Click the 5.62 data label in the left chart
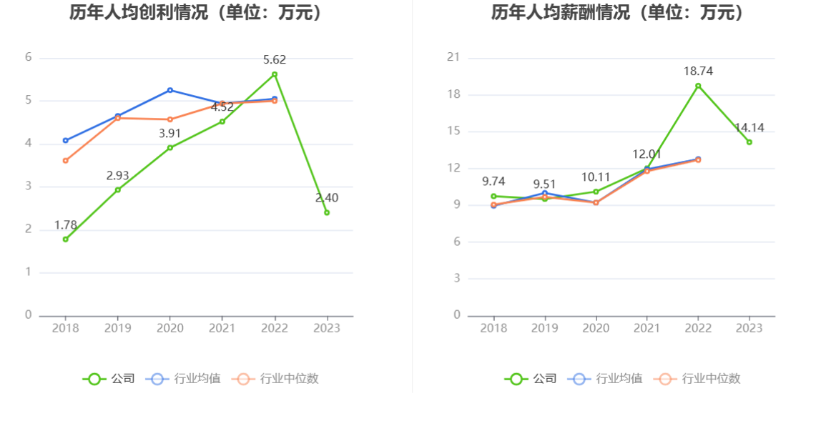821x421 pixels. pyautogui.click(x=275, y=60)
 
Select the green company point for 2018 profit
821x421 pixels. pyautogui.click(x=65, y=239)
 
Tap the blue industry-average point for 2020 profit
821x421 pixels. pyautogui.click(x=170, y=90)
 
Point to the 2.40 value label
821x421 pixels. pyautogui.click(x=327, y=198)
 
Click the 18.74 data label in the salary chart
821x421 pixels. pyautogui.click(x=698, y=71)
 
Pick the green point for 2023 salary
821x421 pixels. pyautogui.click(x=749, y=142)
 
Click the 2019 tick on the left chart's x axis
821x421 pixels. pyautogui.click(x=118, y=328)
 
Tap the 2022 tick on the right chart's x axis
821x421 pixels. pyautogui.click(x=698, y=328)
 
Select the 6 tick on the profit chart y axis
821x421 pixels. pyautogui.click(x=29, y=57)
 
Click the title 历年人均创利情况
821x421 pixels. pyautogui.click(x=195, y=12)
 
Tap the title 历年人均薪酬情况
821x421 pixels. pyautogui.click(x=617, y=12)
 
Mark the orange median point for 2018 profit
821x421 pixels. pyautogui.click(x=65, y=161)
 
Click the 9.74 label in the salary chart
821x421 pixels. pyautogui.click(x=493, y=182)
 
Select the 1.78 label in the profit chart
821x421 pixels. pyautogui.click(x=66, y=225)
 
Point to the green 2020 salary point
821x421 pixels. pyautogui.click(x=596, y=192)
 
